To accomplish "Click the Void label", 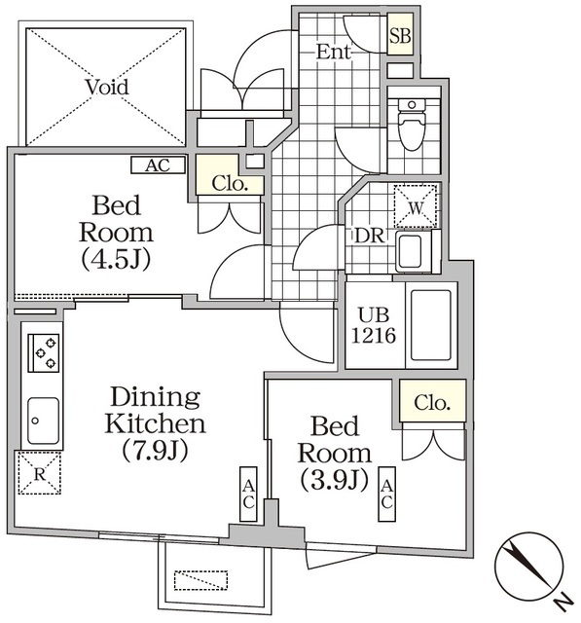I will [106, 87].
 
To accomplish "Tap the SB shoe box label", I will [399, 37].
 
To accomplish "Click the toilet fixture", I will [412, 127].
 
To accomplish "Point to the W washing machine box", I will [416, 205].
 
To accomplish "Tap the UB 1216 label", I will [371, 325].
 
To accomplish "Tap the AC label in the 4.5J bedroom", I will [158, 165].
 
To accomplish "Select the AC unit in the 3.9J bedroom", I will [386, 494].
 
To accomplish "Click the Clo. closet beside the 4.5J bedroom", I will [231, 182].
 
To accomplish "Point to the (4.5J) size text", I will [123, 260].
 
